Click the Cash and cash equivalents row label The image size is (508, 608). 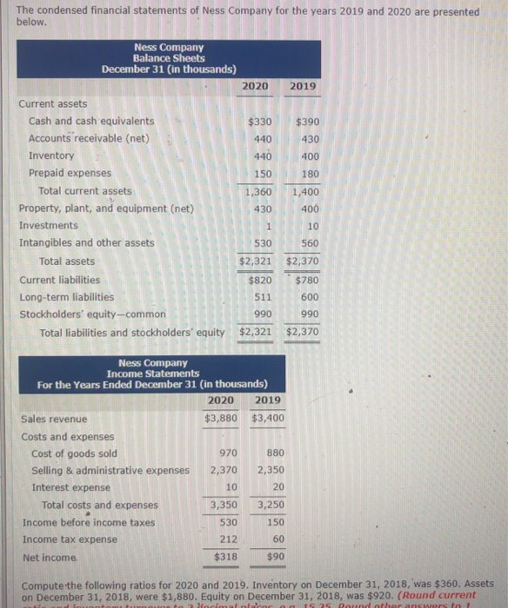tap(91, 121)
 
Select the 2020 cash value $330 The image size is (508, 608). tap(259, 122)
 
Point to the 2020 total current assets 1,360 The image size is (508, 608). tap(257, 191)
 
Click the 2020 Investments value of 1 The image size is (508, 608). tap(269, 226)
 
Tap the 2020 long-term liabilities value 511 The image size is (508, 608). tap(263, 296)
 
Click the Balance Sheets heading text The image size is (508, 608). tap(169, 57)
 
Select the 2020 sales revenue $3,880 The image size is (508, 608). tap(221, 419)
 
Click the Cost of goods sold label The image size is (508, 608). tap(74, 453)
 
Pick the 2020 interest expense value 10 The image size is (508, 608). tap(231, 487)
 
